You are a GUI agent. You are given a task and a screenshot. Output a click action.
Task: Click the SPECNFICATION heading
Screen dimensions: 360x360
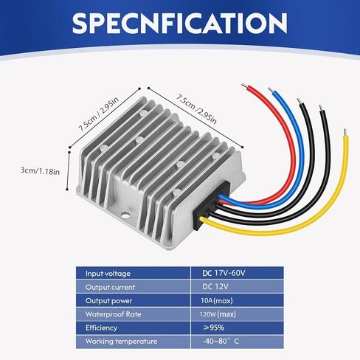coord(180,23)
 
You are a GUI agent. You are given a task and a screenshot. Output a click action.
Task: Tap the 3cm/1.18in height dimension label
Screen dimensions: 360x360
coord(40,170)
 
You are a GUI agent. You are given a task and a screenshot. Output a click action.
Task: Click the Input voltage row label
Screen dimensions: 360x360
coord(108,274)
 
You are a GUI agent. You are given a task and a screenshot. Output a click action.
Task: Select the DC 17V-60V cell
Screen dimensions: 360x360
coord(224,273)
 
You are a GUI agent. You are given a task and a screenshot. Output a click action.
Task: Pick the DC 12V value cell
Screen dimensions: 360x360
coord(215,287)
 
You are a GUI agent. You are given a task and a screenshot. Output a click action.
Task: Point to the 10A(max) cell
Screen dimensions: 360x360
coord(217,300)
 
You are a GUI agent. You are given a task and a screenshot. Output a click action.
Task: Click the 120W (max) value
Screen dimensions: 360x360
coord(218,314)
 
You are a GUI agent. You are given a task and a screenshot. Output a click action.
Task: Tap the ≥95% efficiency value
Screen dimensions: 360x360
coord(214,328)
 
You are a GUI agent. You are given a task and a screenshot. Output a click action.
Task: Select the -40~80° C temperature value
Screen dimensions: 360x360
coord(221,341)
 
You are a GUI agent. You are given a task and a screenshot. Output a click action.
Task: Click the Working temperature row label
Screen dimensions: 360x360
coord(121,342)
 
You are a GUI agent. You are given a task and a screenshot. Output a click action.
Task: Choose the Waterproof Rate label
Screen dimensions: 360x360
coord(114,314)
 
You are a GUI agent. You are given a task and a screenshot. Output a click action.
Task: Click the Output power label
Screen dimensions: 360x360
coord(108,301)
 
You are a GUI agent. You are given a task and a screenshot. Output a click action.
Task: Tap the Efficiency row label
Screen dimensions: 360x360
coord(101,328)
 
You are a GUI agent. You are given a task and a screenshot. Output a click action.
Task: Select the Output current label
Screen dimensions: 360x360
coord(110,288)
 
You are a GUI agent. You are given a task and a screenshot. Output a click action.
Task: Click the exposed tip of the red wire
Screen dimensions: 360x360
coord(244,86)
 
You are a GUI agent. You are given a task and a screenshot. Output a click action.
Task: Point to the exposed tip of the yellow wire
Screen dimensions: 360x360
coord(345,132)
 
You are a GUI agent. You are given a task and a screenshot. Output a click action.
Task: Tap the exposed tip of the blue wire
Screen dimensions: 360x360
coord(271,90)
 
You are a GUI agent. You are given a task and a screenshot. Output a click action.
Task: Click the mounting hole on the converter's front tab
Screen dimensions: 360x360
coord(125,215)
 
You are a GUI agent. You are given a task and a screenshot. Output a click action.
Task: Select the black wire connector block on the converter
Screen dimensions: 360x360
coord(212,206)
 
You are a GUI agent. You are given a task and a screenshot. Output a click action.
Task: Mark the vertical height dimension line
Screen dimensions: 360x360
coord(68,170)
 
